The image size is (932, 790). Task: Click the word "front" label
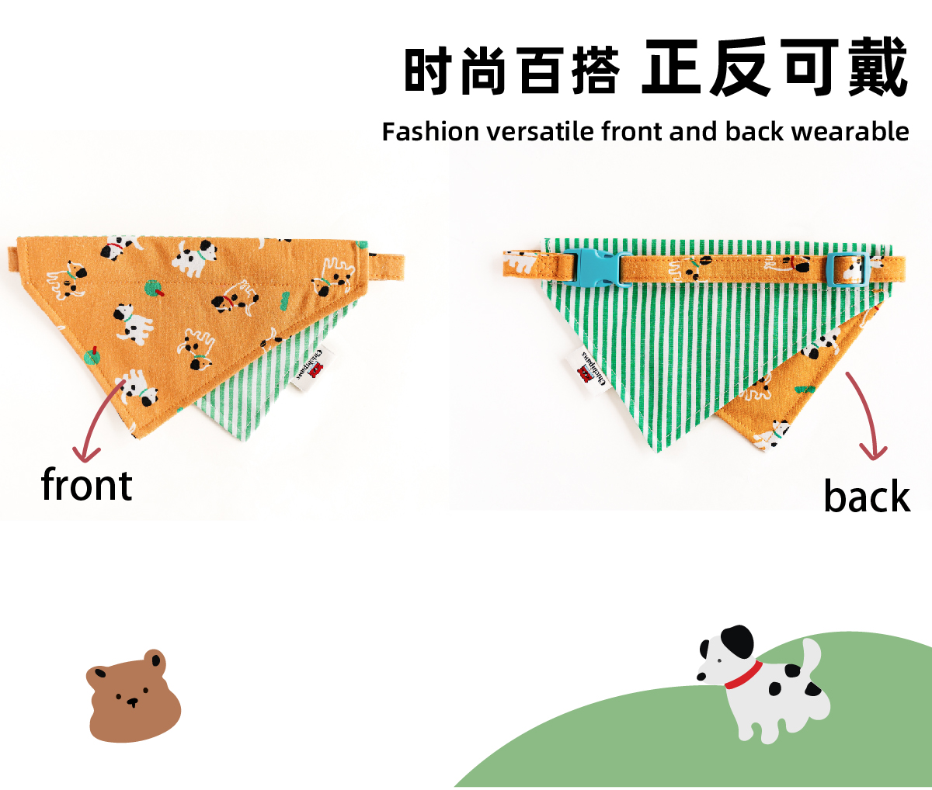pos(86,485)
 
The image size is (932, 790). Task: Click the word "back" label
pos(866,497)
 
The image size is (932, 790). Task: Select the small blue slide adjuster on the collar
pos(847,268)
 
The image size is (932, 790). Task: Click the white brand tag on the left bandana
pos(315,366)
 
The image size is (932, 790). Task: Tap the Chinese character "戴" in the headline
pos(878,68)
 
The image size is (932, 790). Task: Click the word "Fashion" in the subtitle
pos(430,132)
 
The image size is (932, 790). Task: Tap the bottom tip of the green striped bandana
pos(657,449)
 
